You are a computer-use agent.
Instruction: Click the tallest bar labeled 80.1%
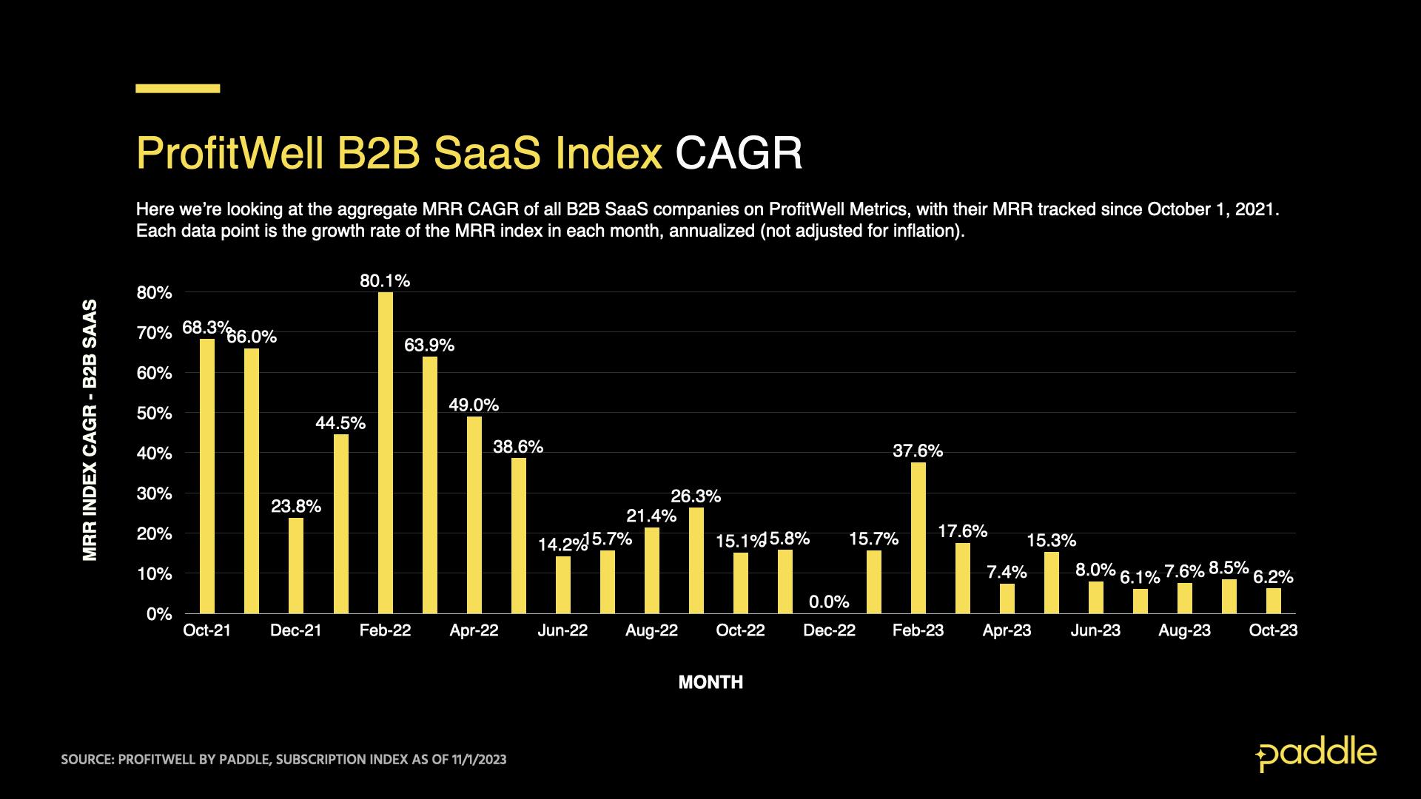click(x=385, y=453)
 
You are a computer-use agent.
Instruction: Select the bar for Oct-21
click(x=207, y=476)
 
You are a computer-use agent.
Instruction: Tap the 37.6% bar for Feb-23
click(x=918, y=538)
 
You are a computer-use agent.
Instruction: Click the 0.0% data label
click(x=829, y=602)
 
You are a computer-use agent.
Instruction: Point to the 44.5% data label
click(x=340, y=423)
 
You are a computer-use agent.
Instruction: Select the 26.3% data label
click(x=696, y=496)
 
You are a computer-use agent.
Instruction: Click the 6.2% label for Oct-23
click(x=1273, y=577)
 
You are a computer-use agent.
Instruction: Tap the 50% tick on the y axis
click(x=154, y=414)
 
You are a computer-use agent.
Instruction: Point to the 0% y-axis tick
click(x=158, y=614)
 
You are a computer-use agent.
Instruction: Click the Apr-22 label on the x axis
click(x=474, y=630)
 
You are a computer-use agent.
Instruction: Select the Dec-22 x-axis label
click(x=829, y=630)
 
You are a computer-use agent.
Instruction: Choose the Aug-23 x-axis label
click(x=1184, y=630)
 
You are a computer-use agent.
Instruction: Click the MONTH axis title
click(x=710, y=682)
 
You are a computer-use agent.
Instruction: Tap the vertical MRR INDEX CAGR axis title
click(x=90, y=430)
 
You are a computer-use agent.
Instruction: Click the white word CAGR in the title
click(x=738, y=154)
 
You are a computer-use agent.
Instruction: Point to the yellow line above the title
click(x=178, y=89)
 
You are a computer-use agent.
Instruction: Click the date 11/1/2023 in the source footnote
click(x=479, y=760)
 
